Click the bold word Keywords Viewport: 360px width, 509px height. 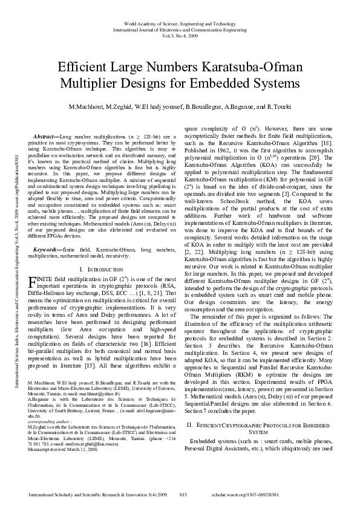[x=48, y=248]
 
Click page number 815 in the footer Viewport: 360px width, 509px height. [x=183, y=495]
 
